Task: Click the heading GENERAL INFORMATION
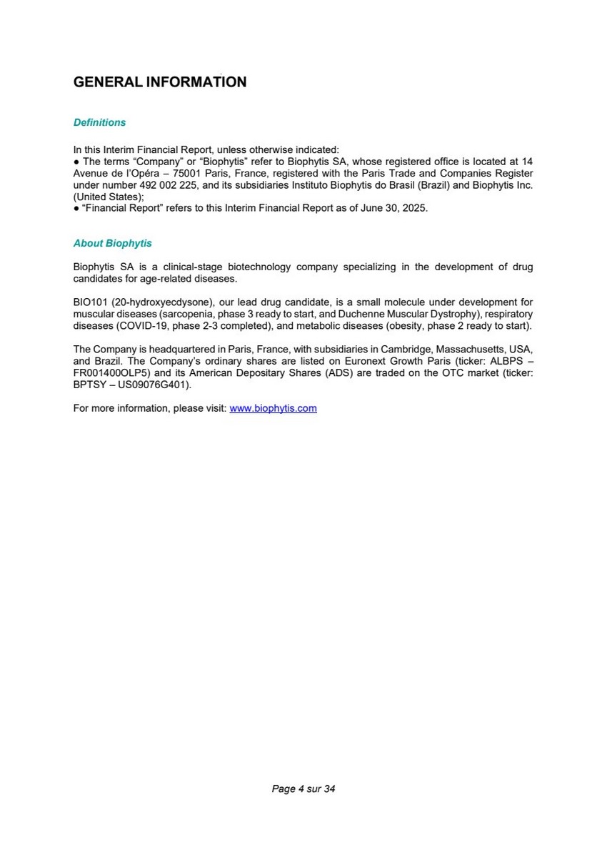click(x=160, y=82)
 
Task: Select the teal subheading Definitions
click(x=99, y=122)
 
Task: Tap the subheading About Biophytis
click(x=112, y=243)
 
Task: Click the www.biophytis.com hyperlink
click(x=273, y=408)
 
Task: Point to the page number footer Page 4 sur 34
click(x=303, y=789)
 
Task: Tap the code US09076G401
click(x=151, y=384)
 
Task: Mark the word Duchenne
click(x=363, y=314)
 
